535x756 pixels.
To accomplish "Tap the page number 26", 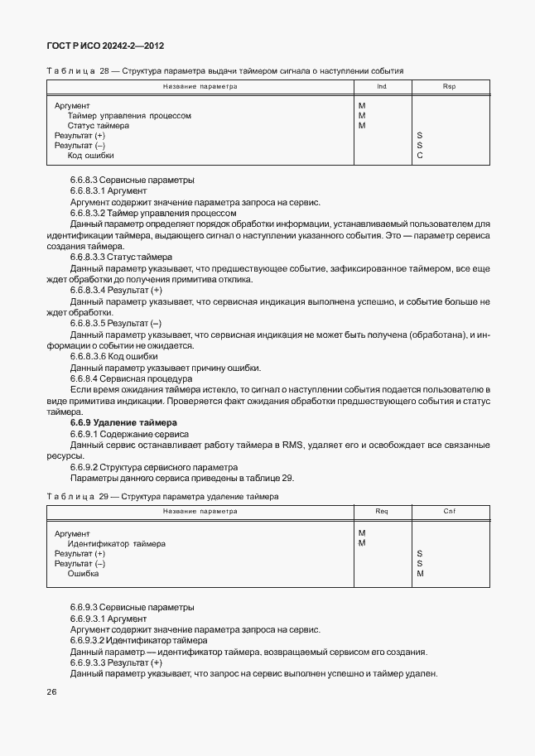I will click(51, 691).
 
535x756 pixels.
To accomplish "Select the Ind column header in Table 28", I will click(382, 86).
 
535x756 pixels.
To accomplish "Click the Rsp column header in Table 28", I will click(449, 86).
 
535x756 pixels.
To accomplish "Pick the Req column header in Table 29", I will click(382, 511).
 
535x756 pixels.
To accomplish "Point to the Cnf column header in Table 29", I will click(449, 511).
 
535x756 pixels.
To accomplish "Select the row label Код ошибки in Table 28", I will click(90, 156).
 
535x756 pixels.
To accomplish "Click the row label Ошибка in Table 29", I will click(83, 574).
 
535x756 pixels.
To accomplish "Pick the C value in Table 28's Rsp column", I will click(420, 156).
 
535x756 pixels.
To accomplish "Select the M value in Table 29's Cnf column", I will click(420, 574).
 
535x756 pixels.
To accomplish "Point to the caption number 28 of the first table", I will click(104, 71).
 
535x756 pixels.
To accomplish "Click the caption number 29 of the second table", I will click(104, 496).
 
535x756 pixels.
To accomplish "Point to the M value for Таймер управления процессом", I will click(362, 116).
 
